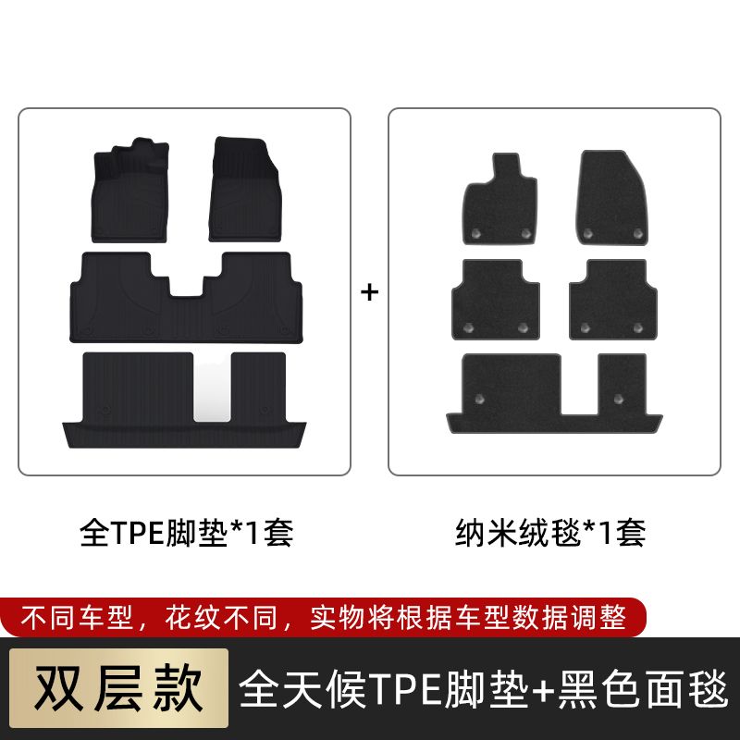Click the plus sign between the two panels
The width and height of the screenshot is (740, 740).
click(369, 292)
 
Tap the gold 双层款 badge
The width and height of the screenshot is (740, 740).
click(119, 687)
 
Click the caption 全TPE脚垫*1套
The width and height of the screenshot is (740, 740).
click(187, 533)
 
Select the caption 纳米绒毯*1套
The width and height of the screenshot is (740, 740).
click(550, 533)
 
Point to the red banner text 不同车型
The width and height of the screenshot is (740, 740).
click(77, 617)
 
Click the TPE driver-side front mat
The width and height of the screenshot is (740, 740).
click(130, 191)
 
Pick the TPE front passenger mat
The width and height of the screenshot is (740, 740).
click(245, 189)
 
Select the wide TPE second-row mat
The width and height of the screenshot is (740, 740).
click(186, 298)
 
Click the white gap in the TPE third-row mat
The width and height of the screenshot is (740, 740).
click(213, 388)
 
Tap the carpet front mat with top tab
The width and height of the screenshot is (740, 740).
click(500, 201)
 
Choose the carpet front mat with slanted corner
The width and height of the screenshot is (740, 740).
click(611, 198)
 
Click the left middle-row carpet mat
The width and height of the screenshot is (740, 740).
click(496, 300)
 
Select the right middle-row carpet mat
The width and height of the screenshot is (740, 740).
click(613, 300)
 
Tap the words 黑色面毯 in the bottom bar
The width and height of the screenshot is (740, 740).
click(643, 689)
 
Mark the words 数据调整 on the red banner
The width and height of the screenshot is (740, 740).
click(570, 617)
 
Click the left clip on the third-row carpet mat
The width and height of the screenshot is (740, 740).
click(479, 400)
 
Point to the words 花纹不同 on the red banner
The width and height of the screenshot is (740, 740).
click(221, 617)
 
